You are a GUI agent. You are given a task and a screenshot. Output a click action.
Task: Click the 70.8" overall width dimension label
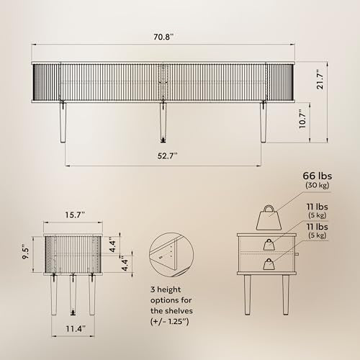(163, 37)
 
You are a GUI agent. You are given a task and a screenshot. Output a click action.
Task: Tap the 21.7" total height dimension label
(320, 80)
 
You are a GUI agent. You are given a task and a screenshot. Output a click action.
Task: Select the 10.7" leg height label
(303, 119)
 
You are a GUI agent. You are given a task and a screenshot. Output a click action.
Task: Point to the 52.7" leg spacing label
(167, 156)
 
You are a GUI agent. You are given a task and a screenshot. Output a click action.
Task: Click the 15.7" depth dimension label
(75, 215)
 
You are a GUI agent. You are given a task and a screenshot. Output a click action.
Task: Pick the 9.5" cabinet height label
(26, 251)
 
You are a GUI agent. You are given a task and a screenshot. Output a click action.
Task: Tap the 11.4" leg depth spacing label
(76, 328)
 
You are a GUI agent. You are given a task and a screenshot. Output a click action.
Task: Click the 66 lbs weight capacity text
(318, 176)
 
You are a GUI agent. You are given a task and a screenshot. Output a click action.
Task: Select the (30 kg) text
(317, 185)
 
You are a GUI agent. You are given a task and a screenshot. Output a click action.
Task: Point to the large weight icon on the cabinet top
(269, 217)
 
